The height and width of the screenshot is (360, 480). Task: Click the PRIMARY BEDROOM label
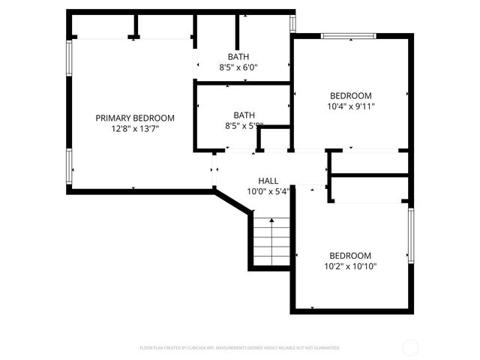[135, 118]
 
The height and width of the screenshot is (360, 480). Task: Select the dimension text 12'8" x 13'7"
[135, 128]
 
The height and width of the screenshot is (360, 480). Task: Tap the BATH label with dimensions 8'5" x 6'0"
[238, 57]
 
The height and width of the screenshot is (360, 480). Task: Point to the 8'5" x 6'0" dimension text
[238, 67]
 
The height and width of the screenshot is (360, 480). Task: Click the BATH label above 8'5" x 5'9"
[244, 115]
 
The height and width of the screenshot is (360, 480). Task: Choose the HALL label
[268, 181]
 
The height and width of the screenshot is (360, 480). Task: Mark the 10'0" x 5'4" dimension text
[268, 191]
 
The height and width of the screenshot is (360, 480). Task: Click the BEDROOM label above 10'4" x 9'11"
[351, 95]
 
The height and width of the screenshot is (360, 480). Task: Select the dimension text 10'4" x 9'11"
[351, 106]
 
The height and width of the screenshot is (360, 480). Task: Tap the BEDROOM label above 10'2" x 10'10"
[350, 255]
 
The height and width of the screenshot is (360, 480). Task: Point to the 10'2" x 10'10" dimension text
[350, 265]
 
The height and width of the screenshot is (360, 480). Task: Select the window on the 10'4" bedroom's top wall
[348, 35]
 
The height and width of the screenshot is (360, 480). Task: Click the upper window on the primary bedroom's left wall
[69, 63]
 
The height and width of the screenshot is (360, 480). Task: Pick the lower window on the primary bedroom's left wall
[69, 166]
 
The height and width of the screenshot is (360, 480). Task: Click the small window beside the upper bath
[293, 22]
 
